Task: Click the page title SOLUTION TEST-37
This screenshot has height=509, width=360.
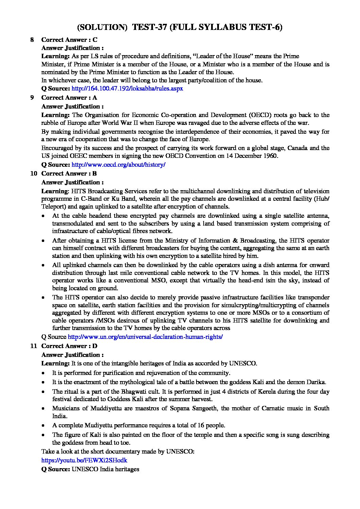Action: coord(180,27)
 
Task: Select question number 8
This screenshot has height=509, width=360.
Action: coord(32,40)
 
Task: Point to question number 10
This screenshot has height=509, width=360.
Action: coord(34,174)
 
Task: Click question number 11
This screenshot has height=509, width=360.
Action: coord(33,346)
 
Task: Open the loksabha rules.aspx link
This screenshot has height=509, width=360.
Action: coord(127,88)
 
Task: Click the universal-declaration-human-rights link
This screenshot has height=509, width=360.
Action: coord(145,337)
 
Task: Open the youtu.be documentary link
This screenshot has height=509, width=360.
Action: coord(84,460)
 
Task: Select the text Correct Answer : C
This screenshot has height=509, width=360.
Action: coord(69,40)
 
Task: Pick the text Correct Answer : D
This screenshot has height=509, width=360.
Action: coord(69,346)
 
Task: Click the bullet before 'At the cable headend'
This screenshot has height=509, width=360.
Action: coord(43,216)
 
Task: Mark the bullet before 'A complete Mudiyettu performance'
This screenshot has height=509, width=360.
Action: coord(43,426)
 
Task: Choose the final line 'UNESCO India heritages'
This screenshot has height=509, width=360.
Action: coord(105,469)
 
